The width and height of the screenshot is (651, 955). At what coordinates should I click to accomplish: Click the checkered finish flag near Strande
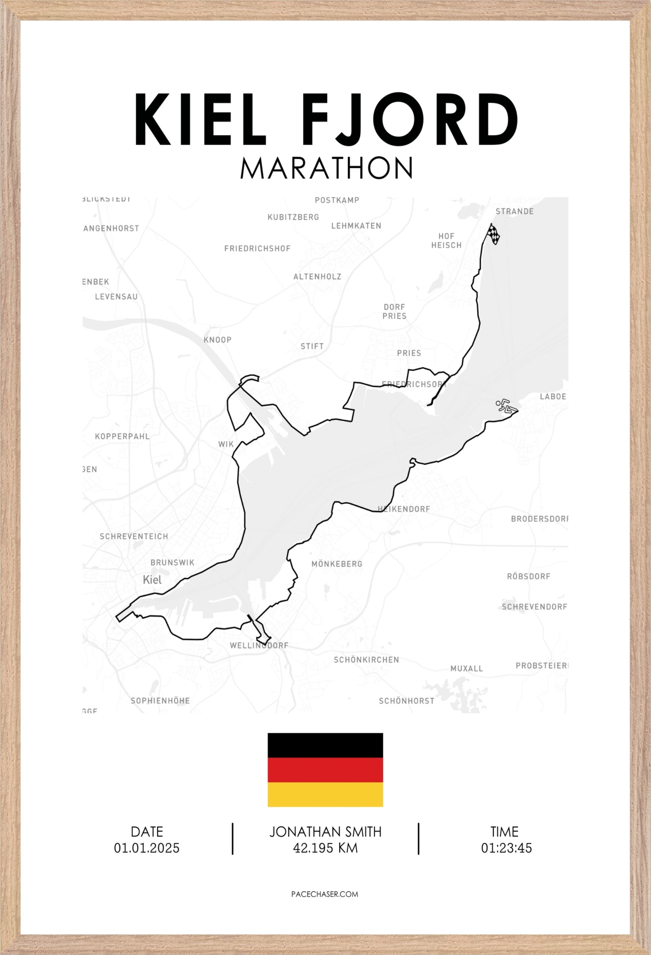pyautogui.click(x=493, y=234)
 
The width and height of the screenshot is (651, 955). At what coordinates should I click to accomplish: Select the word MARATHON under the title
pyautogui.click(x=326, y=168)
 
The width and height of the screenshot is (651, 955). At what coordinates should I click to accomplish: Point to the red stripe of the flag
pyautogui.click(x=325, y=770)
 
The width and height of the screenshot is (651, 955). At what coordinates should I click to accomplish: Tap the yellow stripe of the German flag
pyautogui.click(x=325, y=794)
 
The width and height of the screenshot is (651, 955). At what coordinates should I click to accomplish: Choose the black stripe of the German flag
pyautogui.click(x=325, y=745)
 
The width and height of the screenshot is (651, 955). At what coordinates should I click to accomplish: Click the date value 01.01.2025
pyautogui.click(x=147, y=848)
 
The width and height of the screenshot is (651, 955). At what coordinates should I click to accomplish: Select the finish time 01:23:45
pyautogui.click(x=506, y=848)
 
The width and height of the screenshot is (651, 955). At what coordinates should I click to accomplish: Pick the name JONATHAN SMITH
pyautogui.click(x=325, y=832)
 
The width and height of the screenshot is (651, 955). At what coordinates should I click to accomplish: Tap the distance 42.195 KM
pyautogui.click(x=325, y=848)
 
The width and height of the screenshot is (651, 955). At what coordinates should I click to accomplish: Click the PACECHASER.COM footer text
pyautogui.click(x=325, y=894)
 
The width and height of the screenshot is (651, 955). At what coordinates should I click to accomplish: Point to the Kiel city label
pyautogui.click(x=152, y=580)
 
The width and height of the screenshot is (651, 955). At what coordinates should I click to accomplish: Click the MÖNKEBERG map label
pyautogui.click(x=337, y=564)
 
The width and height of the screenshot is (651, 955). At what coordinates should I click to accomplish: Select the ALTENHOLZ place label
pyautogui.click(x=317, y=277)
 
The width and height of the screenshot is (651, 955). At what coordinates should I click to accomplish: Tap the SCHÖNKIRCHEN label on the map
pyautogui.click(x=366, y=660)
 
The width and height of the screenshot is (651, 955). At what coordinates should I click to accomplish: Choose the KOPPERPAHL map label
pyautogui.click(x=122, y=437)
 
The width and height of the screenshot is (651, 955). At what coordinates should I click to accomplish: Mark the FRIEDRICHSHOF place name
pyautogui.click(x=257, y=249)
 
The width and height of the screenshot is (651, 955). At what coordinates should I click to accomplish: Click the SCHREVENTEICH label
pyautogui.click(x=134, y=537)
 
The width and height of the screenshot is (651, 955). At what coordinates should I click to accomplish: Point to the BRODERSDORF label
pyautogui.click(x=539, y=519)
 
